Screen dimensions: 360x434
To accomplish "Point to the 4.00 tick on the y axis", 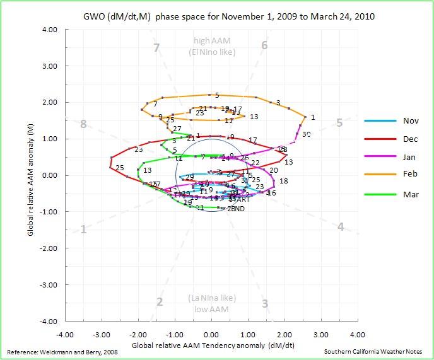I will [x=49, y=30].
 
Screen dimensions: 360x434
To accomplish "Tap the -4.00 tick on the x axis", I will [x=65, y=334].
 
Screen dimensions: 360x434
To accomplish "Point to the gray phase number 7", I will [x=156, y=47].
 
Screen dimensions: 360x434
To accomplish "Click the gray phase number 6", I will [x=264, y=45].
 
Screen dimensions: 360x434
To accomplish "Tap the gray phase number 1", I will [x=83, y=229].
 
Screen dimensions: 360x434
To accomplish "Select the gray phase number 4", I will [x=341, y=227].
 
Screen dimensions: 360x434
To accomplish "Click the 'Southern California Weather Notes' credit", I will [x=376, y=351].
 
